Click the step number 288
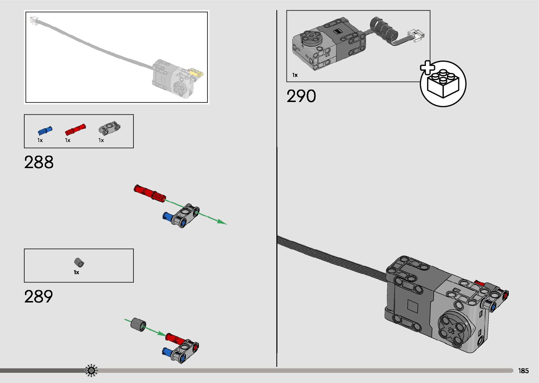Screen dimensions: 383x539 coord(39,162)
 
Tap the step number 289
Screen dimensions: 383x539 coord(39,296)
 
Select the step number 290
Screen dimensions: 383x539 coord(301,96)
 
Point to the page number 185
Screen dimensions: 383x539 coord(523,371)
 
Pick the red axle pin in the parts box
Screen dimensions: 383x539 coord(75,130)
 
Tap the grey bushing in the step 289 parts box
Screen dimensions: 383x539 coord(80,263)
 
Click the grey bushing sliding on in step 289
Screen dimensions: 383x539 coord(138,324)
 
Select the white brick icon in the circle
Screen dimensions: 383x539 coord(443,84)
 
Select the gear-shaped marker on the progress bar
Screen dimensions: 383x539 coord(91,370)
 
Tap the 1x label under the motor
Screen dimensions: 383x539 coord(295,75)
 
